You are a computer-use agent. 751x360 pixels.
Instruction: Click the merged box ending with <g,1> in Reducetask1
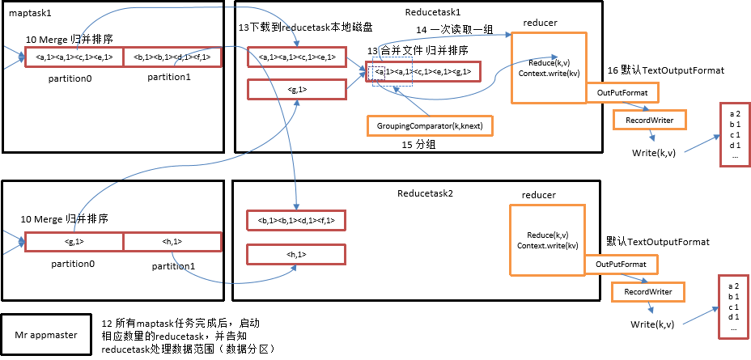click(423, 72)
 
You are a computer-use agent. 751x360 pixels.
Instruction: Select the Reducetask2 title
click(425, 194)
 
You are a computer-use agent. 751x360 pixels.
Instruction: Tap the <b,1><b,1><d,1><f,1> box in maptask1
click(172, 57)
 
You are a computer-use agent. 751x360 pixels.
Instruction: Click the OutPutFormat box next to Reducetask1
click(622, 94)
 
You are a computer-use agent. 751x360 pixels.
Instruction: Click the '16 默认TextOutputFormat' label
click(665, 71)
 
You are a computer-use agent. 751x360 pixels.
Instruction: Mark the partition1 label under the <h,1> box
click(174, 265)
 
